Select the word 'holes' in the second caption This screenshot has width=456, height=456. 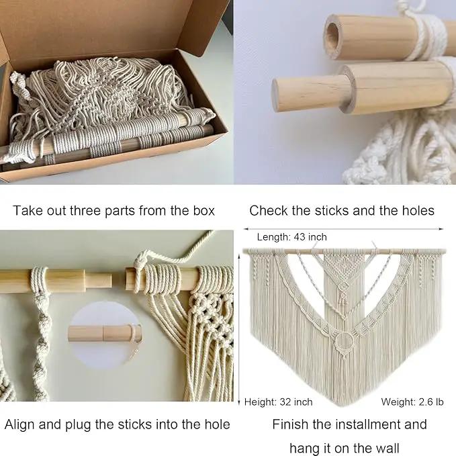click(418, 210)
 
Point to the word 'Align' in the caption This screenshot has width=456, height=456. click(19, 424)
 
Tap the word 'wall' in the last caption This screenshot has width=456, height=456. click(387, 448)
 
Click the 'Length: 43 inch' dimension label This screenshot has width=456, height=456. click(291, 237)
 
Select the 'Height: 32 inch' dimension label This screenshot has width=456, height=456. click(278, 402)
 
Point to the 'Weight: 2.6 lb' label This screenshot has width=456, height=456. click(412, 402)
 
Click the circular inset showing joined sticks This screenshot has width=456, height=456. click(105, 335)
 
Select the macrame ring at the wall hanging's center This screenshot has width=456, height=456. click(345, 341)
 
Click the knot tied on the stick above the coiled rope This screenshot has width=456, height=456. click(140, 259)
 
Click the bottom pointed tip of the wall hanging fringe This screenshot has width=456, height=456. click(345, 406)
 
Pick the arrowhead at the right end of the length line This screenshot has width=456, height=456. click(441, 229)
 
